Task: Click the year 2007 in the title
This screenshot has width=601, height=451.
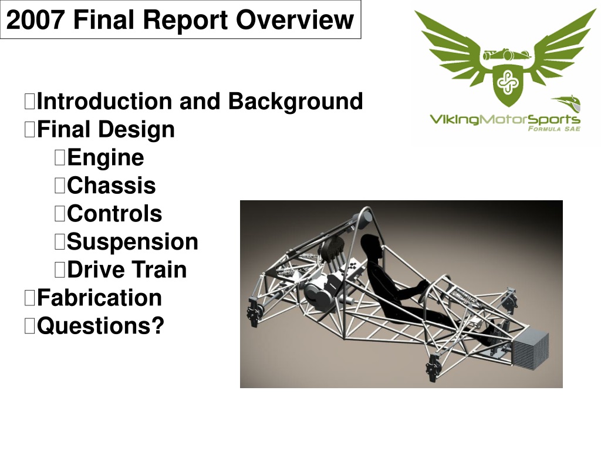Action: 35,19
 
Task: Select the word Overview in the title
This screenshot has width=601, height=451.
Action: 295,19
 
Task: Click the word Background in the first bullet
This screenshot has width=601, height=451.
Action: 295,102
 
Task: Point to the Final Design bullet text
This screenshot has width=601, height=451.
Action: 106,129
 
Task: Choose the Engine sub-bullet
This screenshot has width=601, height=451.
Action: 106,157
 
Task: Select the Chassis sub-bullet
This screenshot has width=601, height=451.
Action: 111,186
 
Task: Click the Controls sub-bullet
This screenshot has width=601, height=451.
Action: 114,214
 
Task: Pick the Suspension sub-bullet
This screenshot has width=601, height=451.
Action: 132,242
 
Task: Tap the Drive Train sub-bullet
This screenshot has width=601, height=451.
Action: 127,270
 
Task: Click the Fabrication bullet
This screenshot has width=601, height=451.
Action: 99,298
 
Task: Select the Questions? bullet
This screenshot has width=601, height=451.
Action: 100,326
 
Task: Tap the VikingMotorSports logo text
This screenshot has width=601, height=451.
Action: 504,120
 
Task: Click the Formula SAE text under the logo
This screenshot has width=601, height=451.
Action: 554,129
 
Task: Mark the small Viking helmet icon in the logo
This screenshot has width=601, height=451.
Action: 568,103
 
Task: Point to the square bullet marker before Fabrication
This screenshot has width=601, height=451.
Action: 29,298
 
